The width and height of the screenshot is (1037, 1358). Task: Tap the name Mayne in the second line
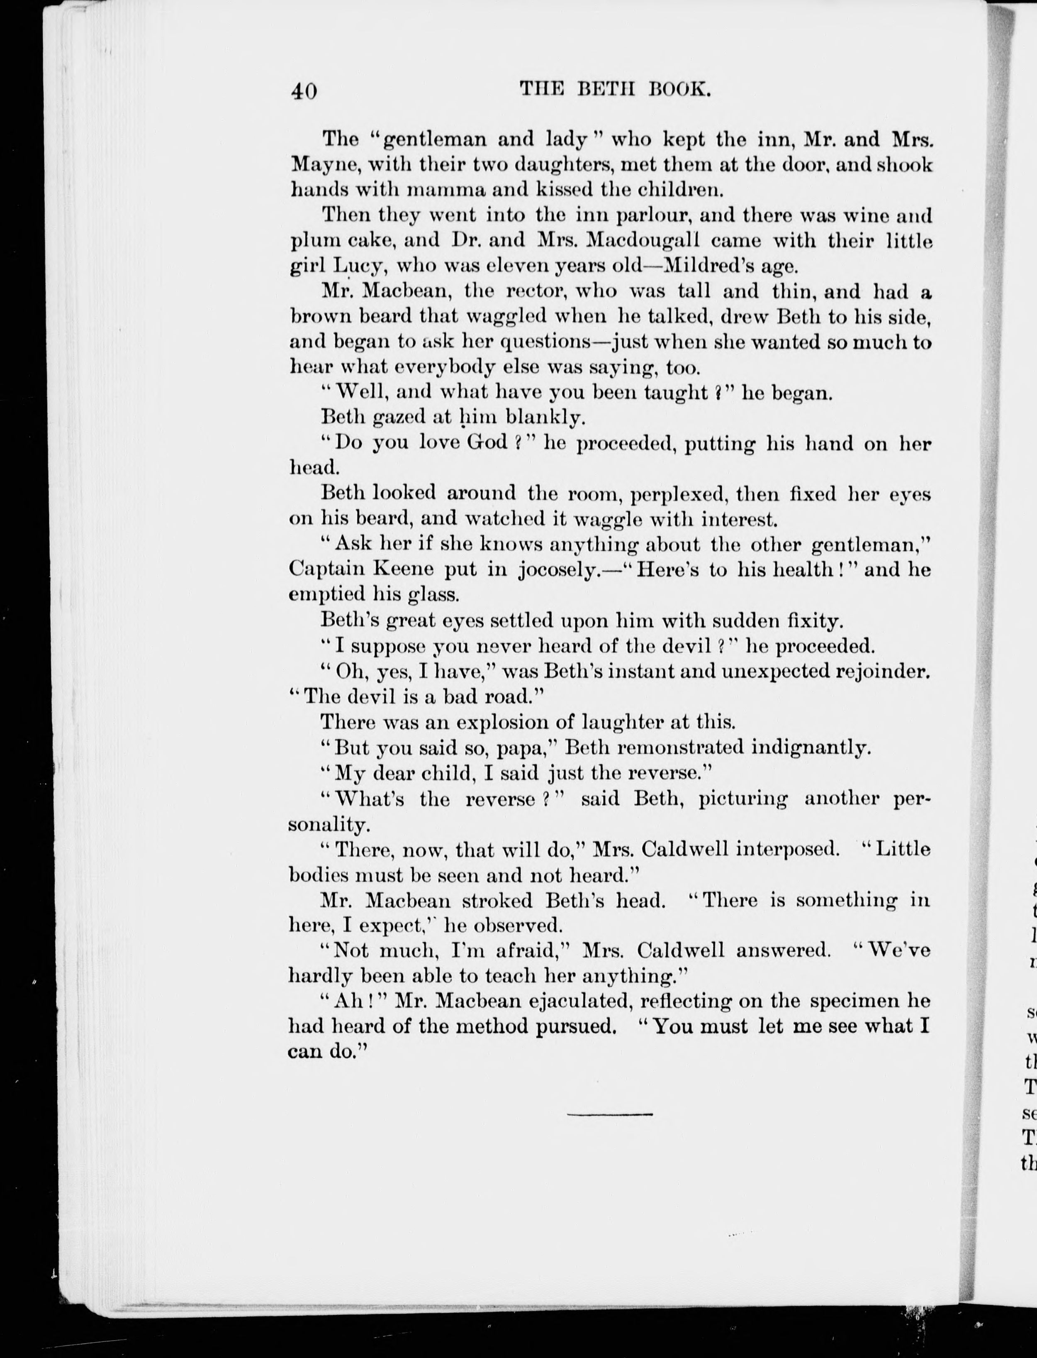320,166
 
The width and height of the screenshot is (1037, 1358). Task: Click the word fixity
806,620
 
